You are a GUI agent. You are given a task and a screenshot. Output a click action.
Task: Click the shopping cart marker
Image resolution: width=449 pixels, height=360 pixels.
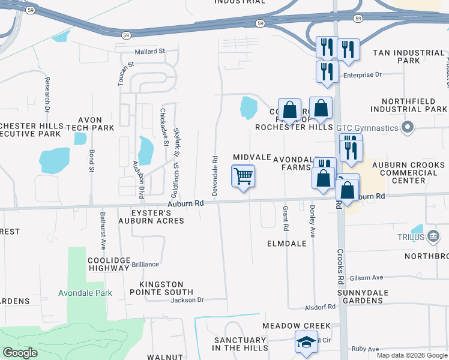pyautogui.click(x=243, y=177)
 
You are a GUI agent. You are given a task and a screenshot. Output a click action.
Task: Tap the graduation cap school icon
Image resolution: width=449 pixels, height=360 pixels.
pyautogui.click(x=306, y=343)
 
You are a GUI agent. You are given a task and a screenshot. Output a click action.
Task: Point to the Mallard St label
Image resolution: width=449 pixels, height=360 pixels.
pyautogui.click(x=149, y=52)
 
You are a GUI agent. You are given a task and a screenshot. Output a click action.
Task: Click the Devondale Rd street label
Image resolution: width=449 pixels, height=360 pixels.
pyautogui.click(x=214, y=175)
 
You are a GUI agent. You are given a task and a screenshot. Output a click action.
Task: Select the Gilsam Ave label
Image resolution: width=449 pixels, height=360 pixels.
pyautogui.click(x=369, y=278)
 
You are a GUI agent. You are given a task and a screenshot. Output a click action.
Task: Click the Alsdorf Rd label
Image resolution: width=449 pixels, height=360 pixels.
pyautogui.click(x=319, y=307)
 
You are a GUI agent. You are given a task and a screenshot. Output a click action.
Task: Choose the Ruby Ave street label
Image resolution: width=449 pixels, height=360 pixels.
pyautogui.click(x=366, y=349)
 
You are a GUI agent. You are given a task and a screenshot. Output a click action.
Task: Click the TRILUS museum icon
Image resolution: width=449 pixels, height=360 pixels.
pyautogui.click(x=433, y=237)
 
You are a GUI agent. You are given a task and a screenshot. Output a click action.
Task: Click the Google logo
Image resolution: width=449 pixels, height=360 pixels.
pyautogui.click(x=20, y=352)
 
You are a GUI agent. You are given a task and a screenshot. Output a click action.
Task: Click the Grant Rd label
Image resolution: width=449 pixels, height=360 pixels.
pyautogui.click(x=285, y=219)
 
